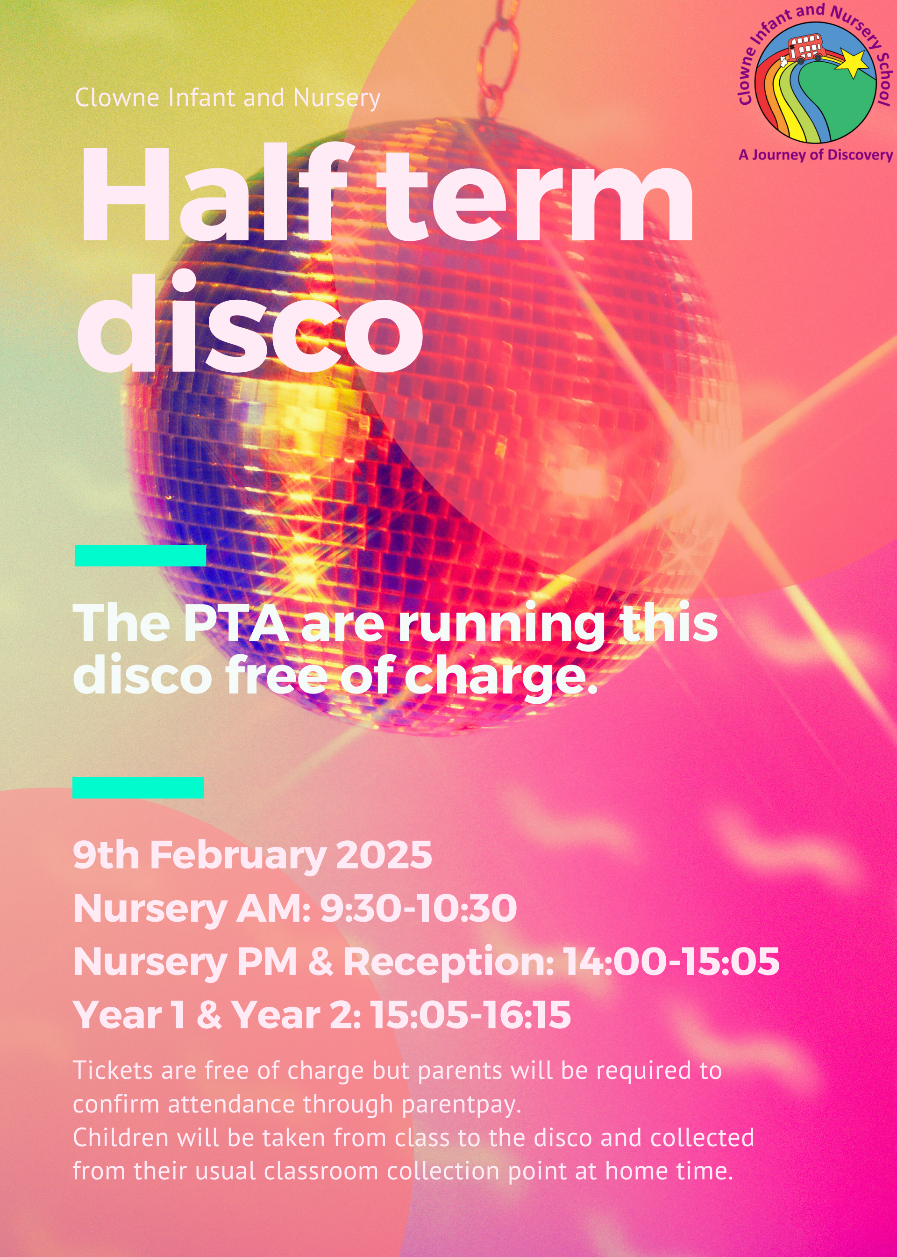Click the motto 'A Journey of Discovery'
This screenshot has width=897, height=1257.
pos(816,154)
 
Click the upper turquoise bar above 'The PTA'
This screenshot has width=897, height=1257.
pos(140,555)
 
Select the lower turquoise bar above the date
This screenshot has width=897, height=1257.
pos(138,787)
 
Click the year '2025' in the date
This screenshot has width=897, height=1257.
pos(384,855)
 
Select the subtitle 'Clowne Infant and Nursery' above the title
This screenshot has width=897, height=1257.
pos(228,98)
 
